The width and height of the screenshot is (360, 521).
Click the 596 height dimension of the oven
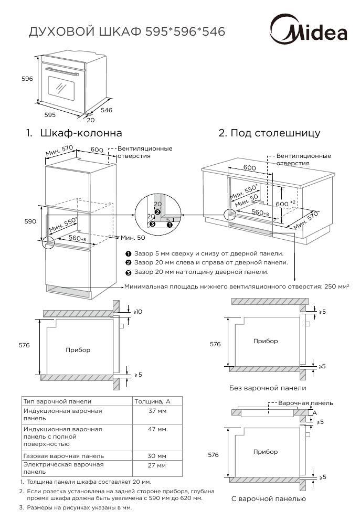pyautogui.click(x=27, y=79)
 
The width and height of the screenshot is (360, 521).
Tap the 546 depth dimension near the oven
pyautogui.click(x=107, y=110)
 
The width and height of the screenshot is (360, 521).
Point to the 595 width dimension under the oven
pyautogui.click(x=50, y=114)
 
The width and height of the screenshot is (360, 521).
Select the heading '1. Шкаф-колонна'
pyautogui.click(x=74, y=133)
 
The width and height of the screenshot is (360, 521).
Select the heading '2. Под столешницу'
pyautogui.click(x=269, y=133)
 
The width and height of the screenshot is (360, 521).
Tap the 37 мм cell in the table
pyautogui.click(x=157, y=411)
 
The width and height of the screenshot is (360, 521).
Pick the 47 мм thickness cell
pyautogui.click(x=157, y=429)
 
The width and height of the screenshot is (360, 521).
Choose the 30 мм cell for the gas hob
pyautogui.click(x=157, y=456)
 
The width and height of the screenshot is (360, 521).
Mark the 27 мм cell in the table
pyautogui.click(x=157, y=465)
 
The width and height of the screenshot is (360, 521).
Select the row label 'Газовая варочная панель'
pyautogui.click(x=63, y=456)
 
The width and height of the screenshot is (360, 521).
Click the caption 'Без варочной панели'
pyautogui.click(x=267, y=388)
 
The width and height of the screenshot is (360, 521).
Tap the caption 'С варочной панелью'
pyautogui.click(x=268, y=499)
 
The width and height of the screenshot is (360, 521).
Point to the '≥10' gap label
pyautogui.click(x=137, y=312)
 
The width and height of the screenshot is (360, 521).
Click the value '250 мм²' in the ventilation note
pyautogui.click(x=336, y=286)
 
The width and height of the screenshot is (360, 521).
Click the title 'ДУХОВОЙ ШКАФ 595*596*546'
pyautogui.click(x=126, y=32)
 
